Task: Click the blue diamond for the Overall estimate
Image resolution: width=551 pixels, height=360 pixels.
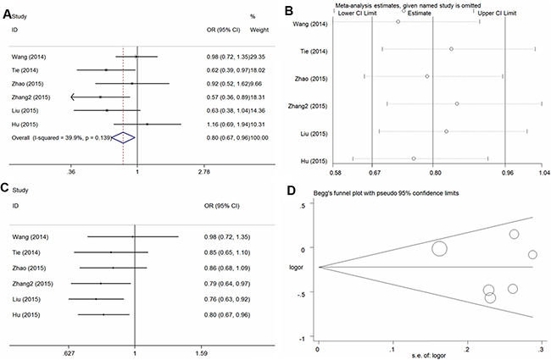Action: click(x=123, y=138)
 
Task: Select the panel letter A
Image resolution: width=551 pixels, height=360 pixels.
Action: click(x=7, y=14)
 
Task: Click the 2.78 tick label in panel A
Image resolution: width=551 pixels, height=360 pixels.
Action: click(x=204, y=172)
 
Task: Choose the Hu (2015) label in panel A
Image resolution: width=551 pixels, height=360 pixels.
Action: click(x=25, y=125)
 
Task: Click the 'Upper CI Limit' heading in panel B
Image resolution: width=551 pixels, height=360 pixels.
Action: click(x=497, y=14)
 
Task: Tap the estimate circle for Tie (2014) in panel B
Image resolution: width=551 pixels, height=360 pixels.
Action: click(x=451, y=49)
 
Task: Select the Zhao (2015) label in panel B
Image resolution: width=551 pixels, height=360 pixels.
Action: click(x=311, y=79)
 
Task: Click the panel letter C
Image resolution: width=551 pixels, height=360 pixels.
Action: click(x=6, y=188)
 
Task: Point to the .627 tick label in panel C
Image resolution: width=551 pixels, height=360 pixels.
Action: click(x=69, y=353)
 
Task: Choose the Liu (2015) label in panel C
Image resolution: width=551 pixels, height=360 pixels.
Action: click(x=26, y=299)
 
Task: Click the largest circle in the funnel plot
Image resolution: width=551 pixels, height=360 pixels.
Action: click(x=439, y=249)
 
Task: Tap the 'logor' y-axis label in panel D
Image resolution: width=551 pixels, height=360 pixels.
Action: click(x=296, y=268)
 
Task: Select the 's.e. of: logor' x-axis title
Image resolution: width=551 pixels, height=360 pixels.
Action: click(x=429, y=356)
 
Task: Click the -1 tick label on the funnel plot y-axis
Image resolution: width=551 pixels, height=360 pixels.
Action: click(x=302, y=338)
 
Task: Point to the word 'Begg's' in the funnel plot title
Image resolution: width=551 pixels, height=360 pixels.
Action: click(x=321, y=193)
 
